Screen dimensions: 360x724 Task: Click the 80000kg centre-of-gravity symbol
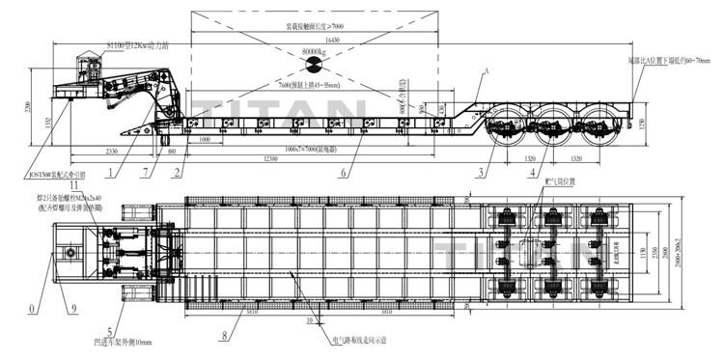pyautogui.click(x=314, y=65)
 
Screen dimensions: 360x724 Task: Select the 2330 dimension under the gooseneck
pyautogui.click(x=111, y=151)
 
